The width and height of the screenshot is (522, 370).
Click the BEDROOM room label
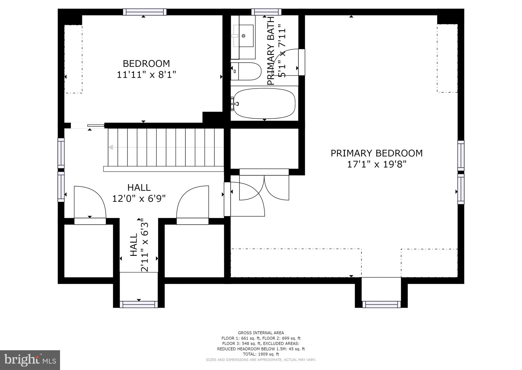(x=146, y=63)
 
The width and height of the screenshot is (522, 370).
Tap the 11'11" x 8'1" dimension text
(x=146, y=75)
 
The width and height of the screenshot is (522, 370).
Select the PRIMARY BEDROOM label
(x=376, y=153)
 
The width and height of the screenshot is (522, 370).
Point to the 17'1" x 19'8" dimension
(x=376, y=165)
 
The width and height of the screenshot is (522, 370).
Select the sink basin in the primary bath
(x=244, y=36)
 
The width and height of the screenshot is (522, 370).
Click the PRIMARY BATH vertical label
(x=271, y=51)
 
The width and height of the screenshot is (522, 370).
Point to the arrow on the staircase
(x=111, y=147)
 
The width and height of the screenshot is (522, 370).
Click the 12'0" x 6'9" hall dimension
(x=139, y=199)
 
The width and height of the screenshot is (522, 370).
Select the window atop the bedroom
(x=144, y=12)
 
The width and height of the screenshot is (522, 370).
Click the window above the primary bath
(x=266, y=12)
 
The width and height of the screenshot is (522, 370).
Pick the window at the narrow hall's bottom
(x=139, y=304)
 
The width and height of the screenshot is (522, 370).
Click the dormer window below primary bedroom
(x=381, y=304)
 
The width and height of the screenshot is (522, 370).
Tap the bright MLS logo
(x=30, y=360)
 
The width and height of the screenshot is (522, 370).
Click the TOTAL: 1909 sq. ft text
(x=261, y=354)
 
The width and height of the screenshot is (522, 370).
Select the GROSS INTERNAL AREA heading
(x=261, y=333)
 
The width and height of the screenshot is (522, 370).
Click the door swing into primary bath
(x=286, y=62)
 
